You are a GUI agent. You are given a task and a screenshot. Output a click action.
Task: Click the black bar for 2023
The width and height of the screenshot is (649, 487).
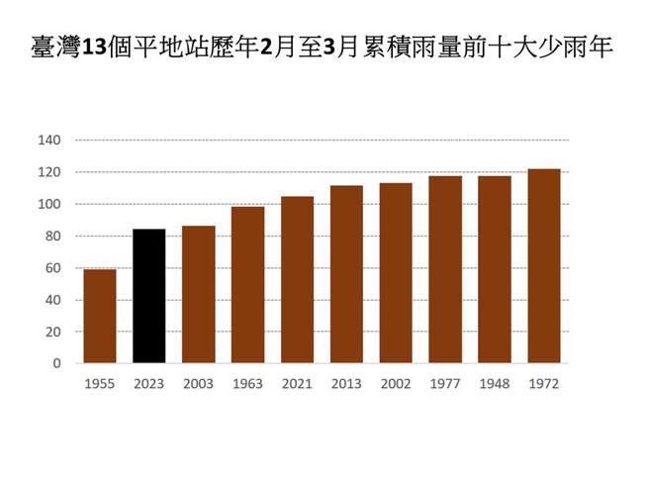pyautogui.click(x=148, y=296)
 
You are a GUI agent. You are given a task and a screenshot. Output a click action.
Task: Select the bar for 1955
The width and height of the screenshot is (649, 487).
pyautogui.click(x=99, y=316)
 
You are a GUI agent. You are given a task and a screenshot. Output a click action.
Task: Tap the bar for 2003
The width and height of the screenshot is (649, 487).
pyautogui.click(x=198, y=294)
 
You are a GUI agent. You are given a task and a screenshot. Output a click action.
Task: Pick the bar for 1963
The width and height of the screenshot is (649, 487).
pyautogui.click(x=247, y=284)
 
